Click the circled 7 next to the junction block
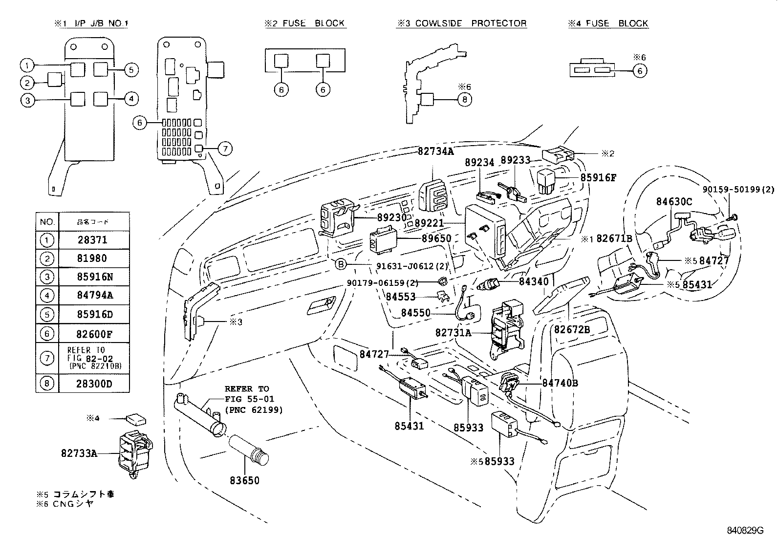point(224,149)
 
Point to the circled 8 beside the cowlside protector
point(464,100)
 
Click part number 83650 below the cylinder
point(244,480)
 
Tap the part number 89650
point(436,238)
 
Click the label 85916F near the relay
point(598,178)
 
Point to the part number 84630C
point(674,201)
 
